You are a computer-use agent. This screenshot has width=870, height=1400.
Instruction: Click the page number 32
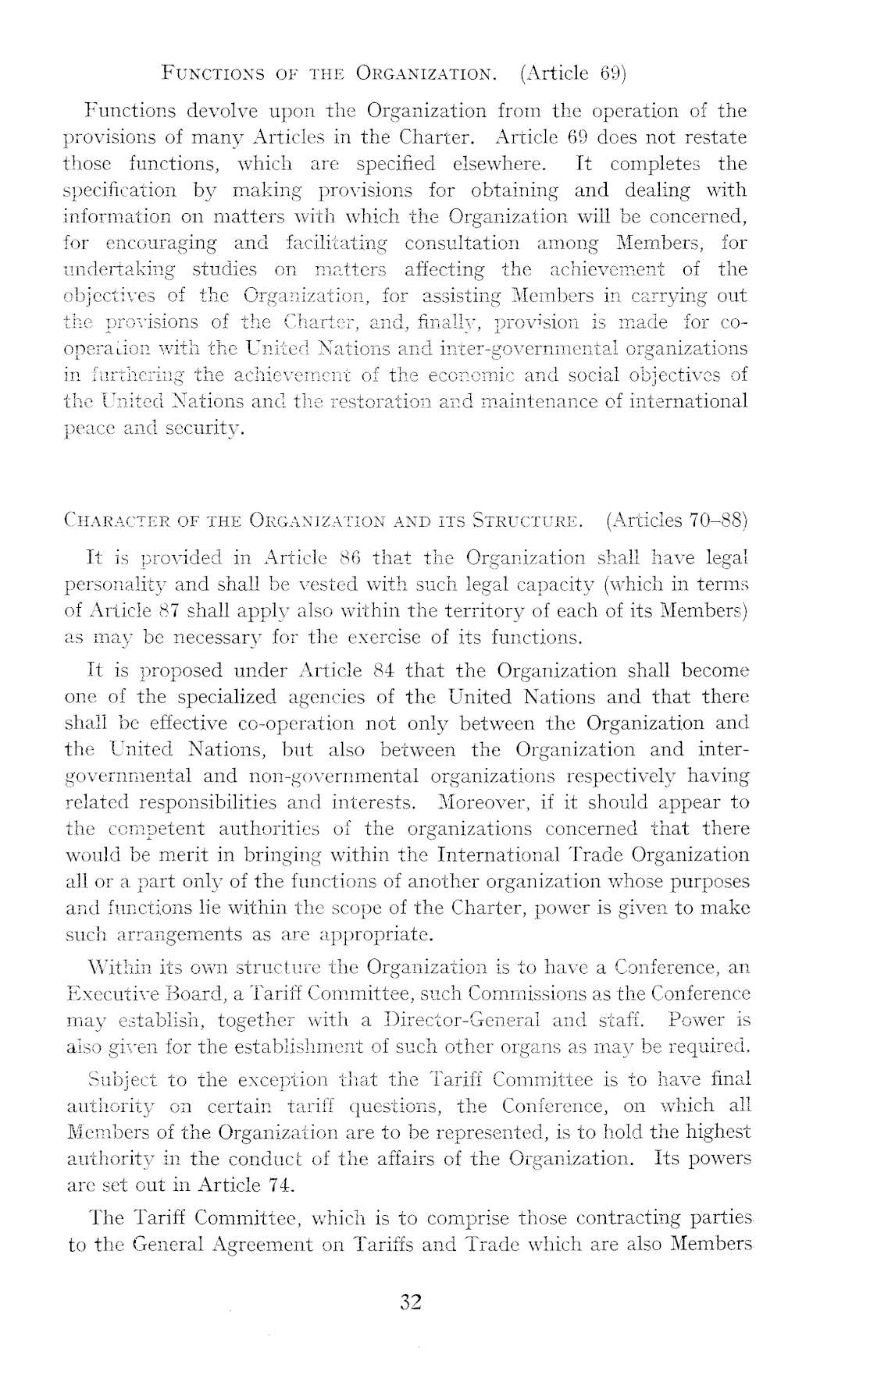coord(411,1302)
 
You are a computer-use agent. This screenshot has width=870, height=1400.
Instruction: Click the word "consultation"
coord(462,243)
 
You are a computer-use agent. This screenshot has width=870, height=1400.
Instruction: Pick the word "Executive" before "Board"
coord(116,993)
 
